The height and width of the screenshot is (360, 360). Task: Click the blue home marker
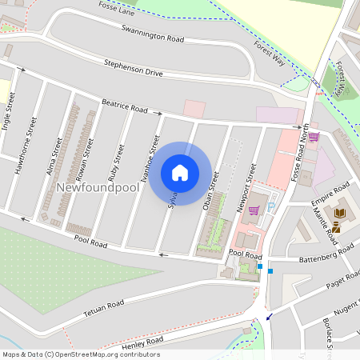(x=180, y=172)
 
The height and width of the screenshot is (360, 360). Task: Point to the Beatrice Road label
(x=125, y=105)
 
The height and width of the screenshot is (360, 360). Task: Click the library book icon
(x=340, y=212)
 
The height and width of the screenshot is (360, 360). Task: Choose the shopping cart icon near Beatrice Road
(x=314, y=137)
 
